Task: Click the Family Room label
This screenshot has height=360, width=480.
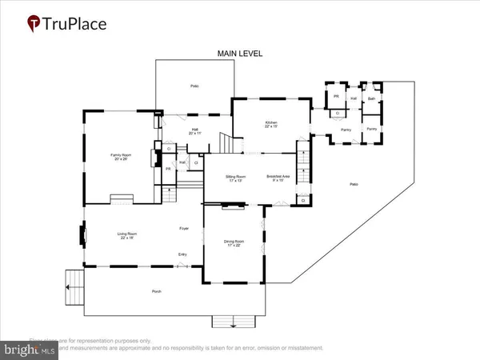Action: pyautogui.click(x=120, y=158)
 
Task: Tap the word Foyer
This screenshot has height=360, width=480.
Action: pyautogui.click(x=183, y=230)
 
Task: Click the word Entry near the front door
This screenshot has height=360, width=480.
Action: pyautogui.click(x=182, y=256)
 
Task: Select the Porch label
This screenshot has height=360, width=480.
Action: pyautogui.click(x=157, y=291)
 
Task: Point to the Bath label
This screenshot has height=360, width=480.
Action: pyautogui.click(x=371, y=98)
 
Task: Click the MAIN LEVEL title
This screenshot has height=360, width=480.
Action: pyautogui.click(x=240, y=54)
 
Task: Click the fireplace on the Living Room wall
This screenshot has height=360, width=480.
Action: pyautogui.click(x=82, y=235)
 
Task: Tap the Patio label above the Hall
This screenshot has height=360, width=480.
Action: pyautogui.click(x=194, y=86)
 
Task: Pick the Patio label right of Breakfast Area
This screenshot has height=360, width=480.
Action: pyautogui.click(x=354, y=185)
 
